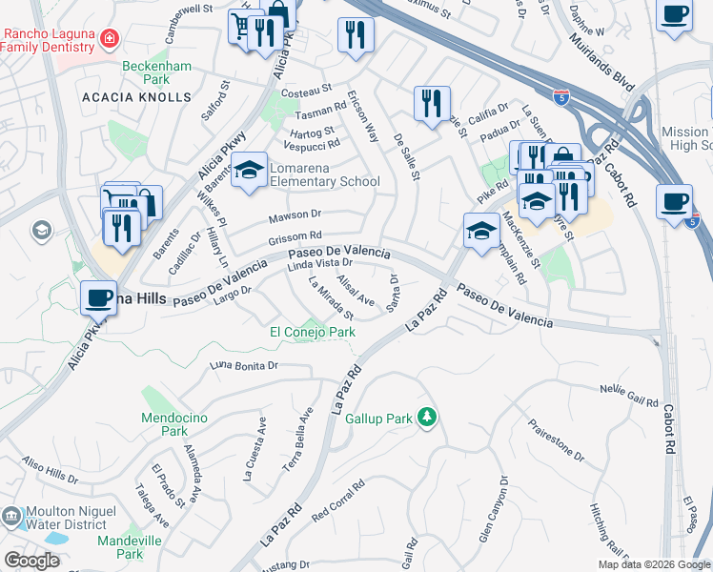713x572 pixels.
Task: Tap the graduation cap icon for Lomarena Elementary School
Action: click(x=250, y=171)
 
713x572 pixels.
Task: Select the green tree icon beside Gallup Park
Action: click(x=429, y=417)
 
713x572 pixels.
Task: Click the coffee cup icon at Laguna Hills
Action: click(x=98, y=297)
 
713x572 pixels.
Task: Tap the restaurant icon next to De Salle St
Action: click(x=432, y=103)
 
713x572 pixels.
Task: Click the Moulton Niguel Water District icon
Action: click(x=12, y=516)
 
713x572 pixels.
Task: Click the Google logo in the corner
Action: click(x=31, y=561)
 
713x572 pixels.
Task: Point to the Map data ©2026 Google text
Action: click(x=654, y=564)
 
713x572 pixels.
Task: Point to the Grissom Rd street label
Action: click(x=295, y=235)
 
